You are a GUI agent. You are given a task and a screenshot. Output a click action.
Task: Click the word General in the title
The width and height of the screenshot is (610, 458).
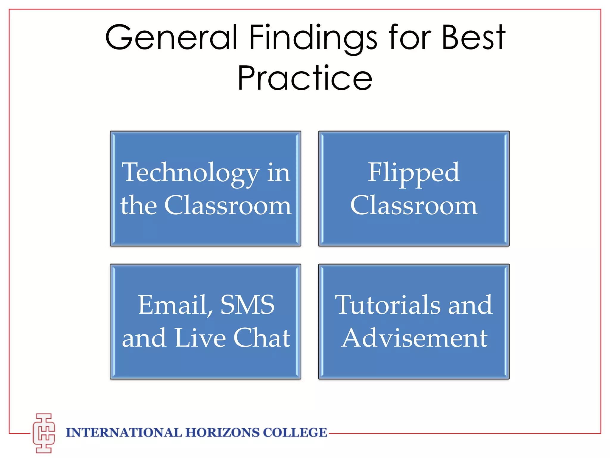point(172,37)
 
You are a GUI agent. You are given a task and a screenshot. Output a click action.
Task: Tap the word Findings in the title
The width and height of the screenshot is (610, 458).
point(313,39)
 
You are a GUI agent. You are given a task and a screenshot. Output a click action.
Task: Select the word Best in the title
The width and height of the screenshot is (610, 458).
point(474,37)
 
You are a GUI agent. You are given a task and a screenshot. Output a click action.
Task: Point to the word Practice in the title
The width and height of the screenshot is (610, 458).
point(305,78)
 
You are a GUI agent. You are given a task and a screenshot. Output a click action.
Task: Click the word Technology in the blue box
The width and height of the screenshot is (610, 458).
point(191,173)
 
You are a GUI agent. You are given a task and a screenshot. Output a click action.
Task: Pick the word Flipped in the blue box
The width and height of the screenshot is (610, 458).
point(414,173)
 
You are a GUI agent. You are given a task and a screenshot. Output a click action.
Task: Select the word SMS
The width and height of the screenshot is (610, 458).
point(247,305)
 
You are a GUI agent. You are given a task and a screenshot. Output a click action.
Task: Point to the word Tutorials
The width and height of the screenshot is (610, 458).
point(388,305)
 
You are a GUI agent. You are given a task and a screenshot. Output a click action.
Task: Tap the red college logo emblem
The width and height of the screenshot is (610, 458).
point(44,433)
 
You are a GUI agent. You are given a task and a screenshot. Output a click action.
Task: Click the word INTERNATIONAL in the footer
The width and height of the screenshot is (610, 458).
point(124,433)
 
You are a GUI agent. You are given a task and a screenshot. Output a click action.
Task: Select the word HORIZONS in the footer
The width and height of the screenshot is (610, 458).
point(222,433)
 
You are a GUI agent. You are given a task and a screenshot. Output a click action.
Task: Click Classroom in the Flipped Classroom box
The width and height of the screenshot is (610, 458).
point(414,205)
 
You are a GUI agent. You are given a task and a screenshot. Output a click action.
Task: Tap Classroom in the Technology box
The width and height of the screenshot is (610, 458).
point(228,205)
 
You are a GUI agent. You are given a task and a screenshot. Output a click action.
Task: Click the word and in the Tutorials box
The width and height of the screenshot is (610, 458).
point(470,305)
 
